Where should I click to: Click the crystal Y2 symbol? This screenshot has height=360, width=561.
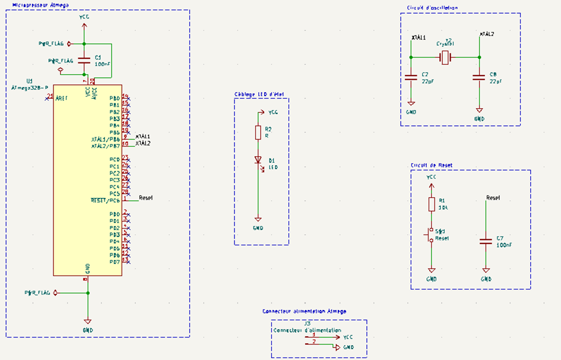tap(445, 57)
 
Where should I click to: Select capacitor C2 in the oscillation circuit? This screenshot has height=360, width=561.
tap(411, 77)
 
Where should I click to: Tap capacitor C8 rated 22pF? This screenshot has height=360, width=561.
tap(479, 77)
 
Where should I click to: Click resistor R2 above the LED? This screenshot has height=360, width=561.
tap(258, 132)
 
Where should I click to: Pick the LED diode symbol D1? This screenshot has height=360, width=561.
tap(258, 160)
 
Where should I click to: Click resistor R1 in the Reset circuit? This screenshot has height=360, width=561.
tap(432, 204)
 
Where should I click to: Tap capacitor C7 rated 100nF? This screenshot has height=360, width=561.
tap(486, 241)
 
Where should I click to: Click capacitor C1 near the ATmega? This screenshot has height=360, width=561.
tap(84, 59)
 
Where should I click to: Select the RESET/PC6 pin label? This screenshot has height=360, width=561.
tap(105, 200)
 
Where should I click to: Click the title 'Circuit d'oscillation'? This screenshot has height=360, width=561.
tap(432, 7)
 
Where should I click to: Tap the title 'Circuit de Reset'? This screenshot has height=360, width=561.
tap(432, 165)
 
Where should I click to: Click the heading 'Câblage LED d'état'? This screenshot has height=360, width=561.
tap(259, 94)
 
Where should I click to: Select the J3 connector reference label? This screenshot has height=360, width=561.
tap(307, 324)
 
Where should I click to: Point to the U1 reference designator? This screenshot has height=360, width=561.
tap(30, 80)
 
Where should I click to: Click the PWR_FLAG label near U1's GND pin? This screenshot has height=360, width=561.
tap(37, 293)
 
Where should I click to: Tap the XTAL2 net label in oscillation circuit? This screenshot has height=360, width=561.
tap(487, 34)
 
